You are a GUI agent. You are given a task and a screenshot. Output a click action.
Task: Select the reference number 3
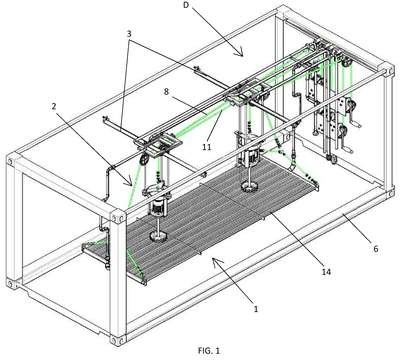[x=129, y=34]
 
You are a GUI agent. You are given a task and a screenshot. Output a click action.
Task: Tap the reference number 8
[x=167, y=92]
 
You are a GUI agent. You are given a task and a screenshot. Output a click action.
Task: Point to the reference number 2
[x=54, y=106]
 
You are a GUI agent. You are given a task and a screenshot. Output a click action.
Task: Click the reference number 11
[x=207, y=147]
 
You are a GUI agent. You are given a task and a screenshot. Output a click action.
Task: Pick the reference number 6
[x=376, y=249]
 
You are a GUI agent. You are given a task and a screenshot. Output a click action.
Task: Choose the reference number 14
[x=326, y=272]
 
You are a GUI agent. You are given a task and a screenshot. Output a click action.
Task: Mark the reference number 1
[x=256, y=309]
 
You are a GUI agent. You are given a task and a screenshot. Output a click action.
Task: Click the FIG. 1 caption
[x=209, y=351]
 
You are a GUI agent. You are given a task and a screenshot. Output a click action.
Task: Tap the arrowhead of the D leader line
[x=241, y=53]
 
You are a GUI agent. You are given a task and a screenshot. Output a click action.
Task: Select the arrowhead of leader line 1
[x=215, y=262]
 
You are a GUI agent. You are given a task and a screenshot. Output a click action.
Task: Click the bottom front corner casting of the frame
[x=118, y=340]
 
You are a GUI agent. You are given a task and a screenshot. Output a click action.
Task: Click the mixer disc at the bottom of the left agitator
[x=158, y=236]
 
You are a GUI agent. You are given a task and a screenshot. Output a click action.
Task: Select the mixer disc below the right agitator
[x=250, y=187]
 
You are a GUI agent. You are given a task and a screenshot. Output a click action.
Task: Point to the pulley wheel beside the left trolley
[x=144, y=160]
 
